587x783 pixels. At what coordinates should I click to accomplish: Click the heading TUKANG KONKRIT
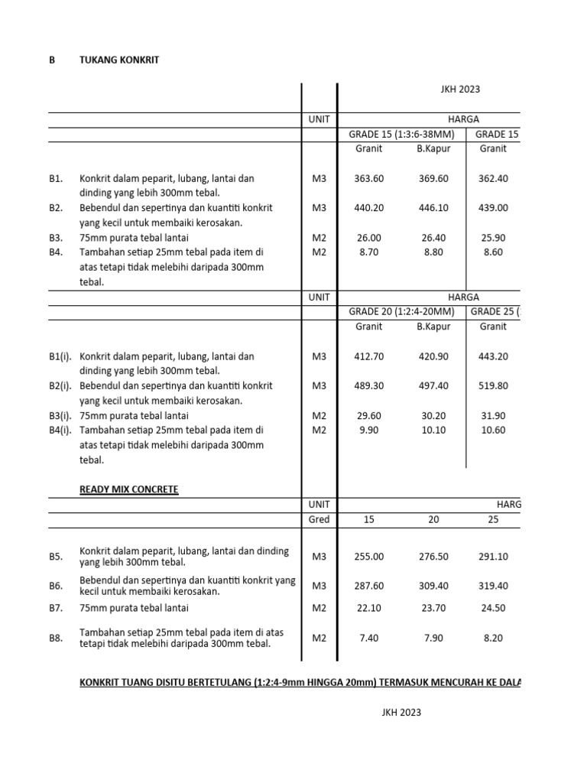(x=119, y=60)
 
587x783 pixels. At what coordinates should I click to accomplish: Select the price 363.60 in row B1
(x=369, y=179)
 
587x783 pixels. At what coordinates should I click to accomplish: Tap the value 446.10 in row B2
(x=433, y=208)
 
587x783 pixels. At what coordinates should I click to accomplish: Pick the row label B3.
(x=56, y=238)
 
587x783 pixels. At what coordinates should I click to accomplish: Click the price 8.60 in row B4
(x=493, y=252)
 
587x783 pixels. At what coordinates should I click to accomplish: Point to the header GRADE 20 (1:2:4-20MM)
(x=401, y=312)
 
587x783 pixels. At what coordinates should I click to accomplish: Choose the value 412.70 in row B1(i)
(x=369, y=356)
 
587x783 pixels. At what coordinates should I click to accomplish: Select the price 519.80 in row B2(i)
(x=493, y=386)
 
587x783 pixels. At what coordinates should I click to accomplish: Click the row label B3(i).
(x=60, y=416)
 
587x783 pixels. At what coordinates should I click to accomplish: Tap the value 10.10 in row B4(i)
(x=433, y=430)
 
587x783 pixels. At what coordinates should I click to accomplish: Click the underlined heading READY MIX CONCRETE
(x=129, y=489)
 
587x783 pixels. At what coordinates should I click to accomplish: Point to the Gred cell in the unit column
(x=319, y=520)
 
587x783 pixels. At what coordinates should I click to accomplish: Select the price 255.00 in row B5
(x=369, y=557)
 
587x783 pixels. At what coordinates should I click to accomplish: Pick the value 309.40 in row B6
(x=433, y=586)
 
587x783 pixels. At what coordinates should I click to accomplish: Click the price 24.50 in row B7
(x=493, y=609)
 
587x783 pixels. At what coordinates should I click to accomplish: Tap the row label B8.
(x=56, y=638)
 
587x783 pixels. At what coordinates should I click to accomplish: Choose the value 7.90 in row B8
(x=433, y=638)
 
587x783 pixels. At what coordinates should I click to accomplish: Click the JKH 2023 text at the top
(x=459, y=89)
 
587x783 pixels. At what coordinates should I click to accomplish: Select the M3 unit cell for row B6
(x=319, y=586)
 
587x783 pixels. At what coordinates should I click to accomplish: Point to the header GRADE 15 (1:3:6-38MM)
(x=401, y=135)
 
